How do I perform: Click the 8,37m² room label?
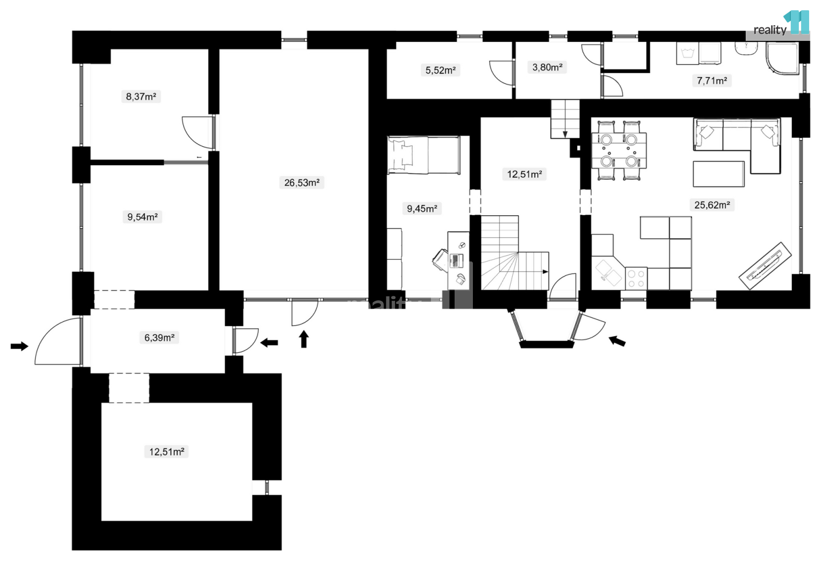141,96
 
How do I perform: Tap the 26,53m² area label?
302,182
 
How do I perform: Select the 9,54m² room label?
142,217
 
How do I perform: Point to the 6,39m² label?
159,337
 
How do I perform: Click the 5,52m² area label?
440,69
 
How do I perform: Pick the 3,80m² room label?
547,67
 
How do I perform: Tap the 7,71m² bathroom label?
712,80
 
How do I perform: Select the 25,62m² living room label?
712,204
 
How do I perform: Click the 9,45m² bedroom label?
422,209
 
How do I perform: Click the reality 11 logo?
781,24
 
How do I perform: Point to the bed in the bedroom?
424,155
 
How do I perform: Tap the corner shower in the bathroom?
782,59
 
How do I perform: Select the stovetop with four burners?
636,279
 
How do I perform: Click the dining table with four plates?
619,150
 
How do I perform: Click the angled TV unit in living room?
765,266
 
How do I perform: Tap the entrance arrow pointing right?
19,346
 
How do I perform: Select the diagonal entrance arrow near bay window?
617,341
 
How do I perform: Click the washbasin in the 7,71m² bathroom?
745,49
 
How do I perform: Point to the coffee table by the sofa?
719,174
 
